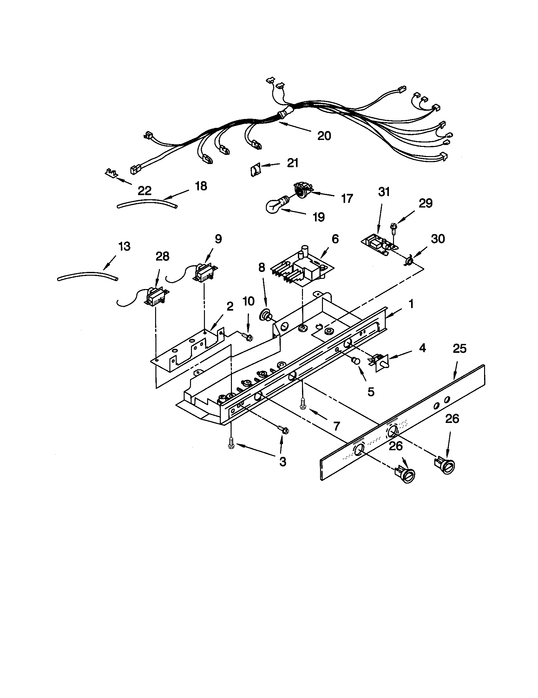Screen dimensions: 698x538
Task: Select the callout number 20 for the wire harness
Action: coord(324,136)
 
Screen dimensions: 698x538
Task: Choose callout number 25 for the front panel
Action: coord(460,349)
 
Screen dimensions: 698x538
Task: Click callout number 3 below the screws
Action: coord(283,462)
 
